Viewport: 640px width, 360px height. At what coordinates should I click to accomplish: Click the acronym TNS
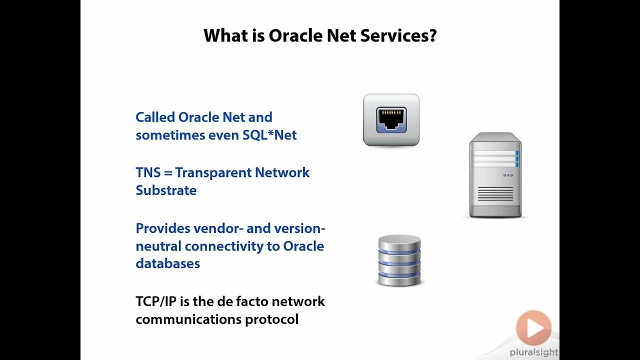[x=148, y=172]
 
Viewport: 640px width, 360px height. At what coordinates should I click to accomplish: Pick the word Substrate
[x=166, y=190]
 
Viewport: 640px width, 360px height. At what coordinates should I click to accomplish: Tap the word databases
[x=167, y=263]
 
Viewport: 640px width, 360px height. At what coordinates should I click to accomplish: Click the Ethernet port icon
[x=391, y=120]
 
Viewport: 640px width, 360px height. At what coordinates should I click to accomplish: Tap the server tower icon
[x=495, y=174]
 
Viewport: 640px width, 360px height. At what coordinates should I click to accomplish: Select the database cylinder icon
[x=399, y=260]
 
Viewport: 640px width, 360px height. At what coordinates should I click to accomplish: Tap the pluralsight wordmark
[x=533, y=352]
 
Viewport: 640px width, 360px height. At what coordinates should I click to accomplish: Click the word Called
[x=155, y=117]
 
